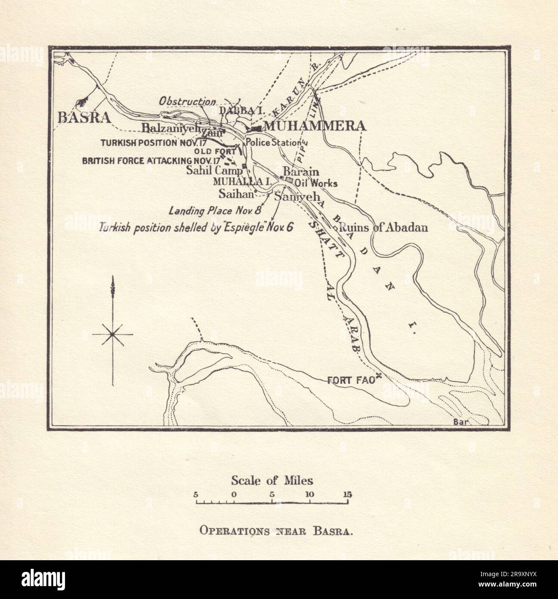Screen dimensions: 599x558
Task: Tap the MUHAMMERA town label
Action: [x=314, y=126]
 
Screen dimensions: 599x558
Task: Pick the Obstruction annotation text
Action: [x=187, y=102]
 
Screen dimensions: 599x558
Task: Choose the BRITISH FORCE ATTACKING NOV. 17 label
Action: [x=137, y=161]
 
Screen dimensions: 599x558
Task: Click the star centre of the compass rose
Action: [x=113, y=334]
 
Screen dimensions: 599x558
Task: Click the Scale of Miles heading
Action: [x=272, y=480]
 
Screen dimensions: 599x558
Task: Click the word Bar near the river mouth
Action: [x=460, y=422]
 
